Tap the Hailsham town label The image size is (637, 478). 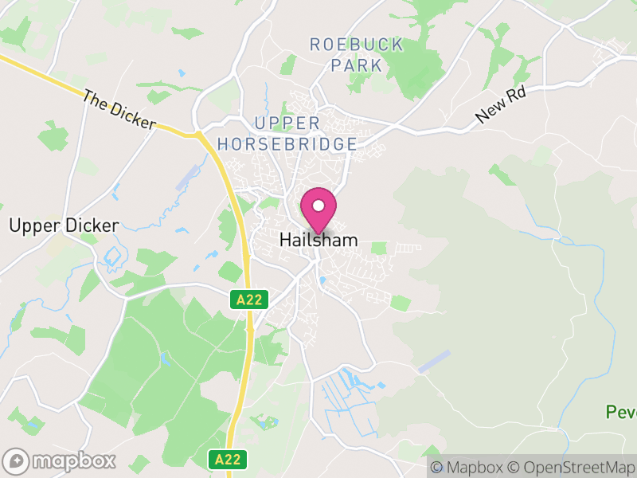(318, 240)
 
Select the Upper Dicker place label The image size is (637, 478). (64, 225)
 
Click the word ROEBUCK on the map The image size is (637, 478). (357, 45)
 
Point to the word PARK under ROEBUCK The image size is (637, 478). (357, 65)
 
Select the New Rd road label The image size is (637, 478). (502, 105)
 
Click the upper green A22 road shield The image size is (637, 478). (250, 300)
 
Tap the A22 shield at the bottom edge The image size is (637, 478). (228, 460)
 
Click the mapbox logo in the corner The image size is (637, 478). (60, 460)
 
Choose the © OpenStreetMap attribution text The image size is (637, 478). (571, 467)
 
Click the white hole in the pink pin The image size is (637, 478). (318, 205)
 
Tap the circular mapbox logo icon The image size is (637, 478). (17, 460)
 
